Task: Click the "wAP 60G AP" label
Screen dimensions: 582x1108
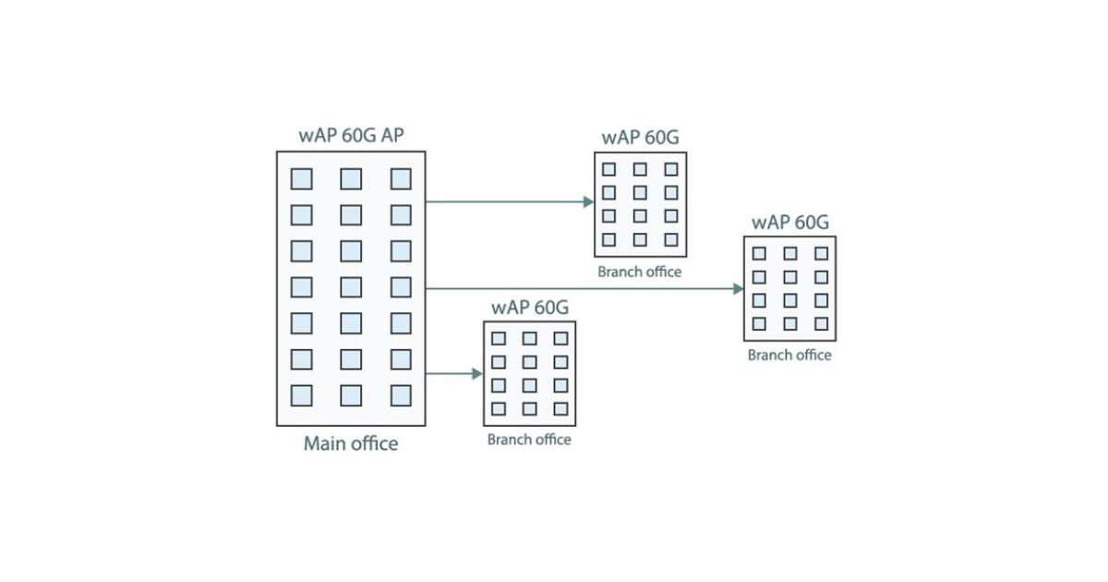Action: (351, 135)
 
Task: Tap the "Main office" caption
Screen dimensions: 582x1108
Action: (351, 443)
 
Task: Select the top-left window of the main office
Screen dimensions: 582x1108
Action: (301, 178)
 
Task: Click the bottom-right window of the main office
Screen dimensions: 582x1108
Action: (401, 395)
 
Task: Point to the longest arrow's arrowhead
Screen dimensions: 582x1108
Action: (739, 288)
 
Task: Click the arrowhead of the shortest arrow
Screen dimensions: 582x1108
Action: (477, 373)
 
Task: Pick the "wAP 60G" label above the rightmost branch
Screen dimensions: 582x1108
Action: (790, 222)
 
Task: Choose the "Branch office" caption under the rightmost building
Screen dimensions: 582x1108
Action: (789, 355)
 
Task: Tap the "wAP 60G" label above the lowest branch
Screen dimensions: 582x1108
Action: (530, 308)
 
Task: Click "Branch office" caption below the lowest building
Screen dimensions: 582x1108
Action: (529, 440)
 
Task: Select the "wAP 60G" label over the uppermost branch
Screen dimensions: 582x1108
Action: (640, 138)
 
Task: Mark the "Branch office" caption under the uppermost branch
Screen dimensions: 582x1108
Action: (639, 272)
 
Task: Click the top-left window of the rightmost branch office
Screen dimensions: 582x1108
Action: (759, 253)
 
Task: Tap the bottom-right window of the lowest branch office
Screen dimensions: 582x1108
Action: (560, 408)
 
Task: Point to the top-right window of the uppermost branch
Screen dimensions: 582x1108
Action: (671, 169)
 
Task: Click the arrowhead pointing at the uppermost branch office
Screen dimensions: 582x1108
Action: (588, 201)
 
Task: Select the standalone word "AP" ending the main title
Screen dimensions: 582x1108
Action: (391, 135)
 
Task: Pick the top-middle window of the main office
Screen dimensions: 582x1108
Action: (351, 178)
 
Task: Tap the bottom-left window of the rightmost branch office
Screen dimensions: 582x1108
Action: (759, 323)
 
